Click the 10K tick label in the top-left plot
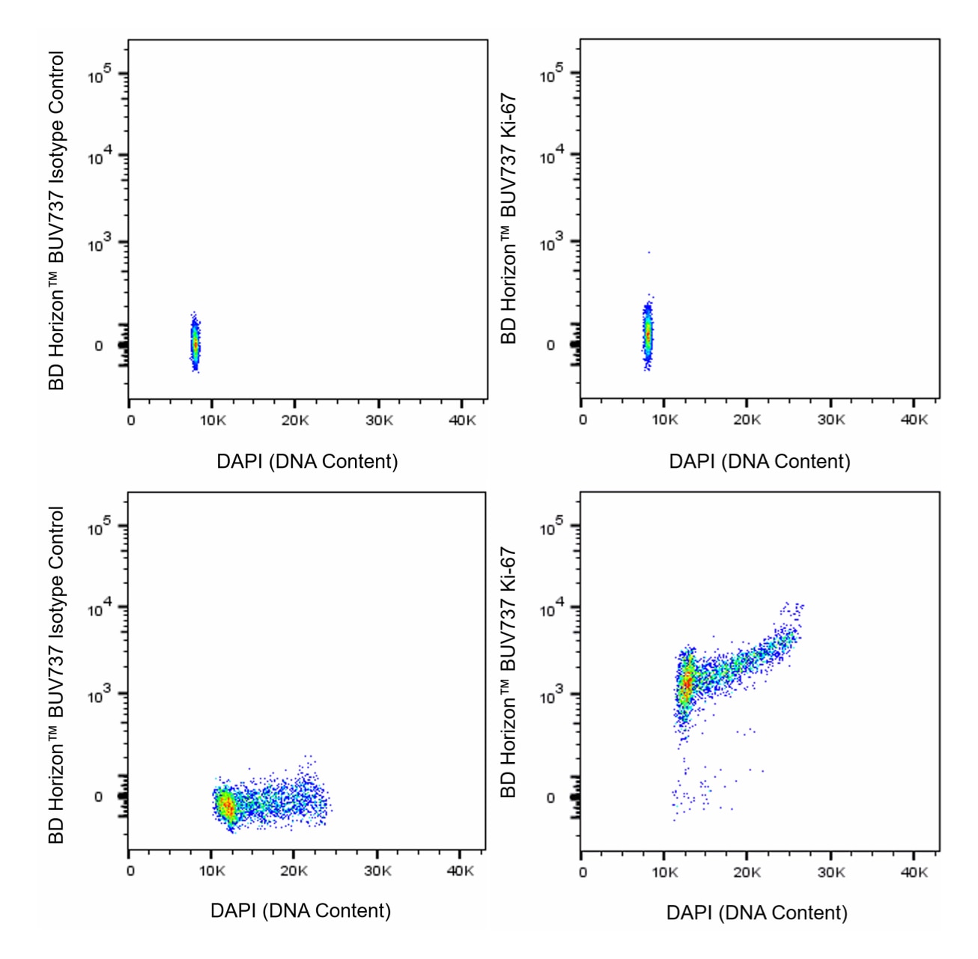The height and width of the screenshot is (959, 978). [213, 421]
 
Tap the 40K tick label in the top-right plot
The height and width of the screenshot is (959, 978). [914, 420]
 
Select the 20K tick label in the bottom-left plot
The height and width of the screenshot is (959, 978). [294, 871]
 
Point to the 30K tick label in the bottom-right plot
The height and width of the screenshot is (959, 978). [830, 873]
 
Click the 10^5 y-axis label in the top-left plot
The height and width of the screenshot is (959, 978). [100, 75]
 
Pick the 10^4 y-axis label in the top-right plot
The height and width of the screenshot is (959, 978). [551, 156]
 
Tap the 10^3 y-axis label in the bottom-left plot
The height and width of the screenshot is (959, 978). [99, 695]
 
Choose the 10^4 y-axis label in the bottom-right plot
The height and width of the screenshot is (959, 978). [551, 609]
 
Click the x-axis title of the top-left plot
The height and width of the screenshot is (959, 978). [307, 461]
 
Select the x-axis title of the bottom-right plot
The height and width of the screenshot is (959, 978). [756, 913]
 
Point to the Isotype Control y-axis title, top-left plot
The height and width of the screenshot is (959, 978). [57, 220]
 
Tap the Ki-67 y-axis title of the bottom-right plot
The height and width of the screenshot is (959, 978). [508, 672]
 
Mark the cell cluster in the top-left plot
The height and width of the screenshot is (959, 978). [195, 343]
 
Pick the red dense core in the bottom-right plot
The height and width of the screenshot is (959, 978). [686, 685]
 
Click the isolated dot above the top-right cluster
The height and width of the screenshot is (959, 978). [649, 253]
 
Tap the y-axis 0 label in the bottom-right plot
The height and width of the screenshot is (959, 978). [550, 798]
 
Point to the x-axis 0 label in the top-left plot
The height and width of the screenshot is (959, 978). [131, 421]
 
